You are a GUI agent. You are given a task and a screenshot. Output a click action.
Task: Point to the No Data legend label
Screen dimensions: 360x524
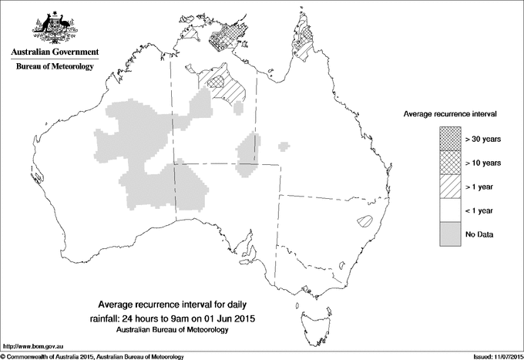479,234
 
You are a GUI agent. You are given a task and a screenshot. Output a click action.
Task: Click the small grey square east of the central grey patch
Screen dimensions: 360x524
285,144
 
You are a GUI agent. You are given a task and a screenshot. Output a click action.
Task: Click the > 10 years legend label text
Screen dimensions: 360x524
483,163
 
